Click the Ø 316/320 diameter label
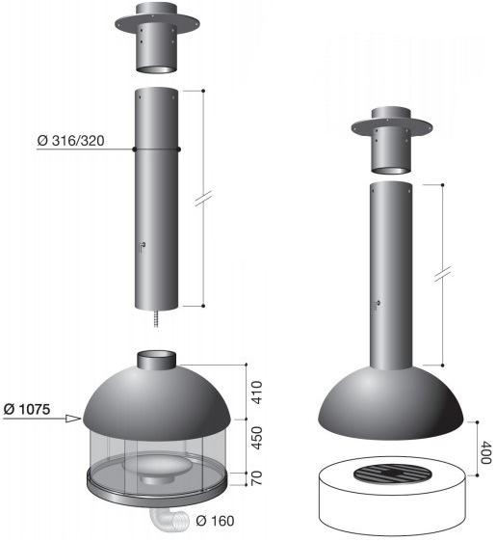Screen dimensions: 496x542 (x=70, y=141)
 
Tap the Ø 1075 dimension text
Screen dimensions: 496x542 (x=27, y=409)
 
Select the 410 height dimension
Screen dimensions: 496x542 (x=257, y=393)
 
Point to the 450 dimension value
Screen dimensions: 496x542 (x=257, y=438)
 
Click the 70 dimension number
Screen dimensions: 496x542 (x=257, y=478)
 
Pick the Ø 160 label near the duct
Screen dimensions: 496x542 (x=215, y=521)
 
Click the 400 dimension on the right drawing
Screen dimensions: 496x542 (x=485, y=452)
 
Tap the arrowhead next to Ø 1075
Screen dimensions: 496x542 (x=73, y=419)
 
